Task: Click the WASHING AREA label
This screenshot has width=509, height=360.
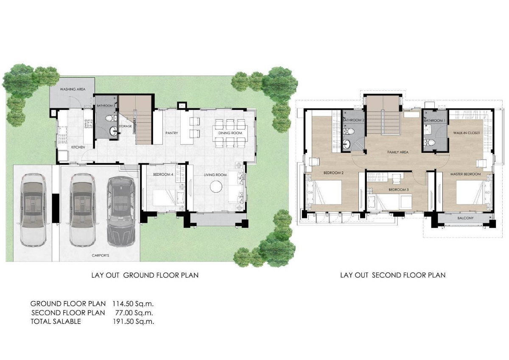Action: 73,90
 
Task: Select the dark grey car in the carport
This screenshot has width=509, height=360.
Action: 120,211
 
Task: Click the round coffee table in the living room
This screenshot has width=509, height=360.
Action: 216,187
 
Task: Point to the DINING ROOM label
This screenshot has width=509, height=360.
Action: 230,133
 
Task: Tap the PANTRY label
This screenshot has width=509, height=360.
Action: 171,133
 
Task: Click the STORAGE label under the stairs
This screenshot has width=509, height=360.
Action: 125,126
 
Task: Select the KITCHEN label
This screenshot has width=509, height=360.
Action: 78,147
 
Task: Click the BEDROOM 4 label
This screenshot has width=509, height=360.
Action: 163,174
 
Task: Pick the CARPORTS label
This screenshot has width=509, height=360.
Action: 100,256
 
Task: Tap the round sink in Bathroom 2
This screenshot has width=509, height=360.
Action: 347,144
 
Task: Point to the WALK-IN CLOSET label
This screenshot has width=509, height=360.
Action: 467,133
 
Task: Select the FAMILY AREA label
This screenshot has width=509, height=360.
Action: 398,152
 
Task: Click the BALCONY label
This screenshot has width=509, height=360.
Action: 465,218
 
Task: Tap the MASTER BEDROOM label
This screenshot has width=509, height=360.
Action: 466,174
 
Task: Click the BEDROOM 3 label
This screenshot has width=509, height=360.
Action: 399,190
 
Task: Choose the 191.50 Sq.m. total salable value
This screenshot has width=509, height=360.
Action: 133,321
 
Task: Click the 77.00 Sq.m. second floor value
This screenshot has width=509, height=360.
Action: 134,313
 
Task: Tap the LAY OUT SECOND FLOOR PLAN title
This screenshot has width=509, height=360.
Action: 393,275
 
